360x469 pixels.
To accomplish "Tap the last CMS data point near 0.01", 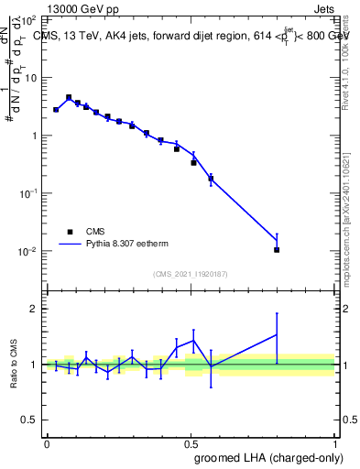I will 276,249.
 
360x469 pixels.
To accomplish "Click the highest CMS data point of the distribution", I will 69,97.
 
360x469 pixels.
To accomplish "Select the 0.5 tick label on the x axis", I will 191,442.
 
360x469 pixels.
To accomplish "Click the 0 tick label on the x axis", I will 47,442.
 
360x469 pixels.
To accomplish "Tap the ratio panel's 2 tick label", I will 36,309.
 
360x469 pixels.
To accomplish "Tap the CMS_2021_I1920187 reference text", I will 190,274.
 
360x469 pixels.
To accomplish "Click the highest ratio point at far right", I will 276,334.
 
